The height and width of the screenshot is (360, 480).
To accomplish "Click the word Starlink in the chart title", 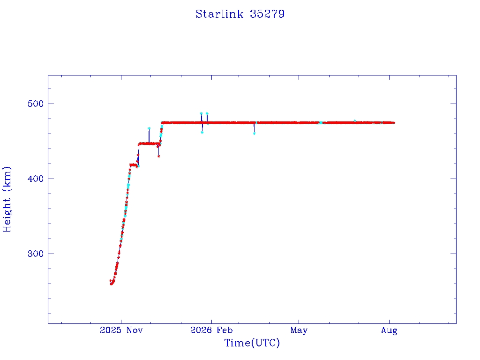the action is (x=219, y=14).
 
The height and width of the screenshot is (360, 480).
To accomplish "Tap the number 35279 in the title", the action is (x=267, y=14).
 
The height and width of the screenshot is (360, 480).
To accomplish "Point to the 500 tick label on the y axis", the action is (x=36, y=104).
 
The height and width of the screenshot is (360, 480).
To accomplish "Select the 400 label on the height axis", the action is (x=36, y=179).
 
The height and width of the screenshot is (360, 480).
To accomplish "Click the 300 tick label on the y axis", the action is (x=36, y=254).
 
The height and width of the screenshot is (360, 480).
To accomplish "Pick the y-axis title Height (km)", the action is (x=7, y=199).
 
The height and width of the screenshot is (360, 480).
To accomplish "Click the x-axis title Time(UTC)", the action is (x=252, y=343).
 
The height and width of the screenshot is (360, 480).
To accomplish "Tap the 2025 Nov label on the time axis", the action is (x=121, y=330).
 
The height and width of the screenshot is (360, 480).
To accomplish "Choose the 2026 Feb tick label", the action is (x=211, y=330).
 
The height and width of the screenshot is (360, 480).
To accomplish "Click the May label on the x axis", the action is (x=299, y=330).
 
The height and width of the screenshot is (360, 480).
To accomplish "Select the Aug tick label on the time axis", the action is (x=389, y=330).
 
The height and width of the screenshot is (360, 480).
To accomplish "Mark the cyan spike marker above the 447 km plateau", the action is (x=149, y=128).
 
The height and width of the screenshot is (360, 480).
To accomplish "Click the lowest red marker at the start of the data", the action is (x=112, y=284).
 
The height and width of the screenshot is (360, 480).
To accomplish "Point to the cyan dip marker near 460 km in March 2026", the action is (x=255, y=134).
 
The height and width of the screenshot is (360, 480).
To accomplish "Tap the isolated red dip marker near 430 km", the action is (x=158, y=157).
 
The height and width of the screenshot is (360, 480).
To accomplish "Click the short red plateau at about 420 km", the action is (x=134, y=165).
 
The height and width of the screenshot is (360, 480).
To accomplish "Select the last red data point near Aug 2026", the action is (x=394, y=123).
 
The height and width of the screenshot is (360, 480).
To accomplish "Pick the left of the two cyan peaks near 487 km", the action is (x=201, y=113).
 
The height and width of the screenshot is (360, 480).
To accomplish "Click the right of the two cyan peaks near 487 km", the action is (x=207, y=113).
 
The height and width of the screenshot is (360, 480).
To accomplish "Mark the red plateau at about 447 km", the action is (x=150, y=143).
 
